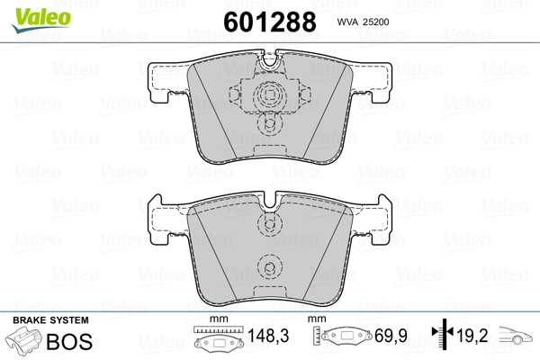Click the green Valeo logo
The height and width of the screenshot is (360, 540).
point(41,20)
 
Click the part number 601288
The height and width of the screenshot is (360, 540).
point(270,22)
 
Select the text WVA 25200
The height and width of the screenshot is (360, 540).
point(363,22)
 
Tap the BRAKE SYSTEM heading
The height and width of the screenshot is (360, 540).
point(50,320)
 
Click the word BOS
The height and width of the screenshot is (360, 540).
point(69,341)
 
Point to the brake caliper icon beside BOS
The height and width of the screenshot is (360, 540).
point(23,339)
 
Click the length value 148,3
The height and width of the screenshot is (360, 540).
point(268,336)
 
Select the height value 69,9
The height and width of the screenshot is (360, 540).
point(391,336)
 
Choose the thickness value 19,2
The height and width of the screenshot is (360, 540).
point(472,335)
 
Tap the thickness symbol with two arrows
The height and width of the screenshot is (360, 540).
point(443,333)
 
